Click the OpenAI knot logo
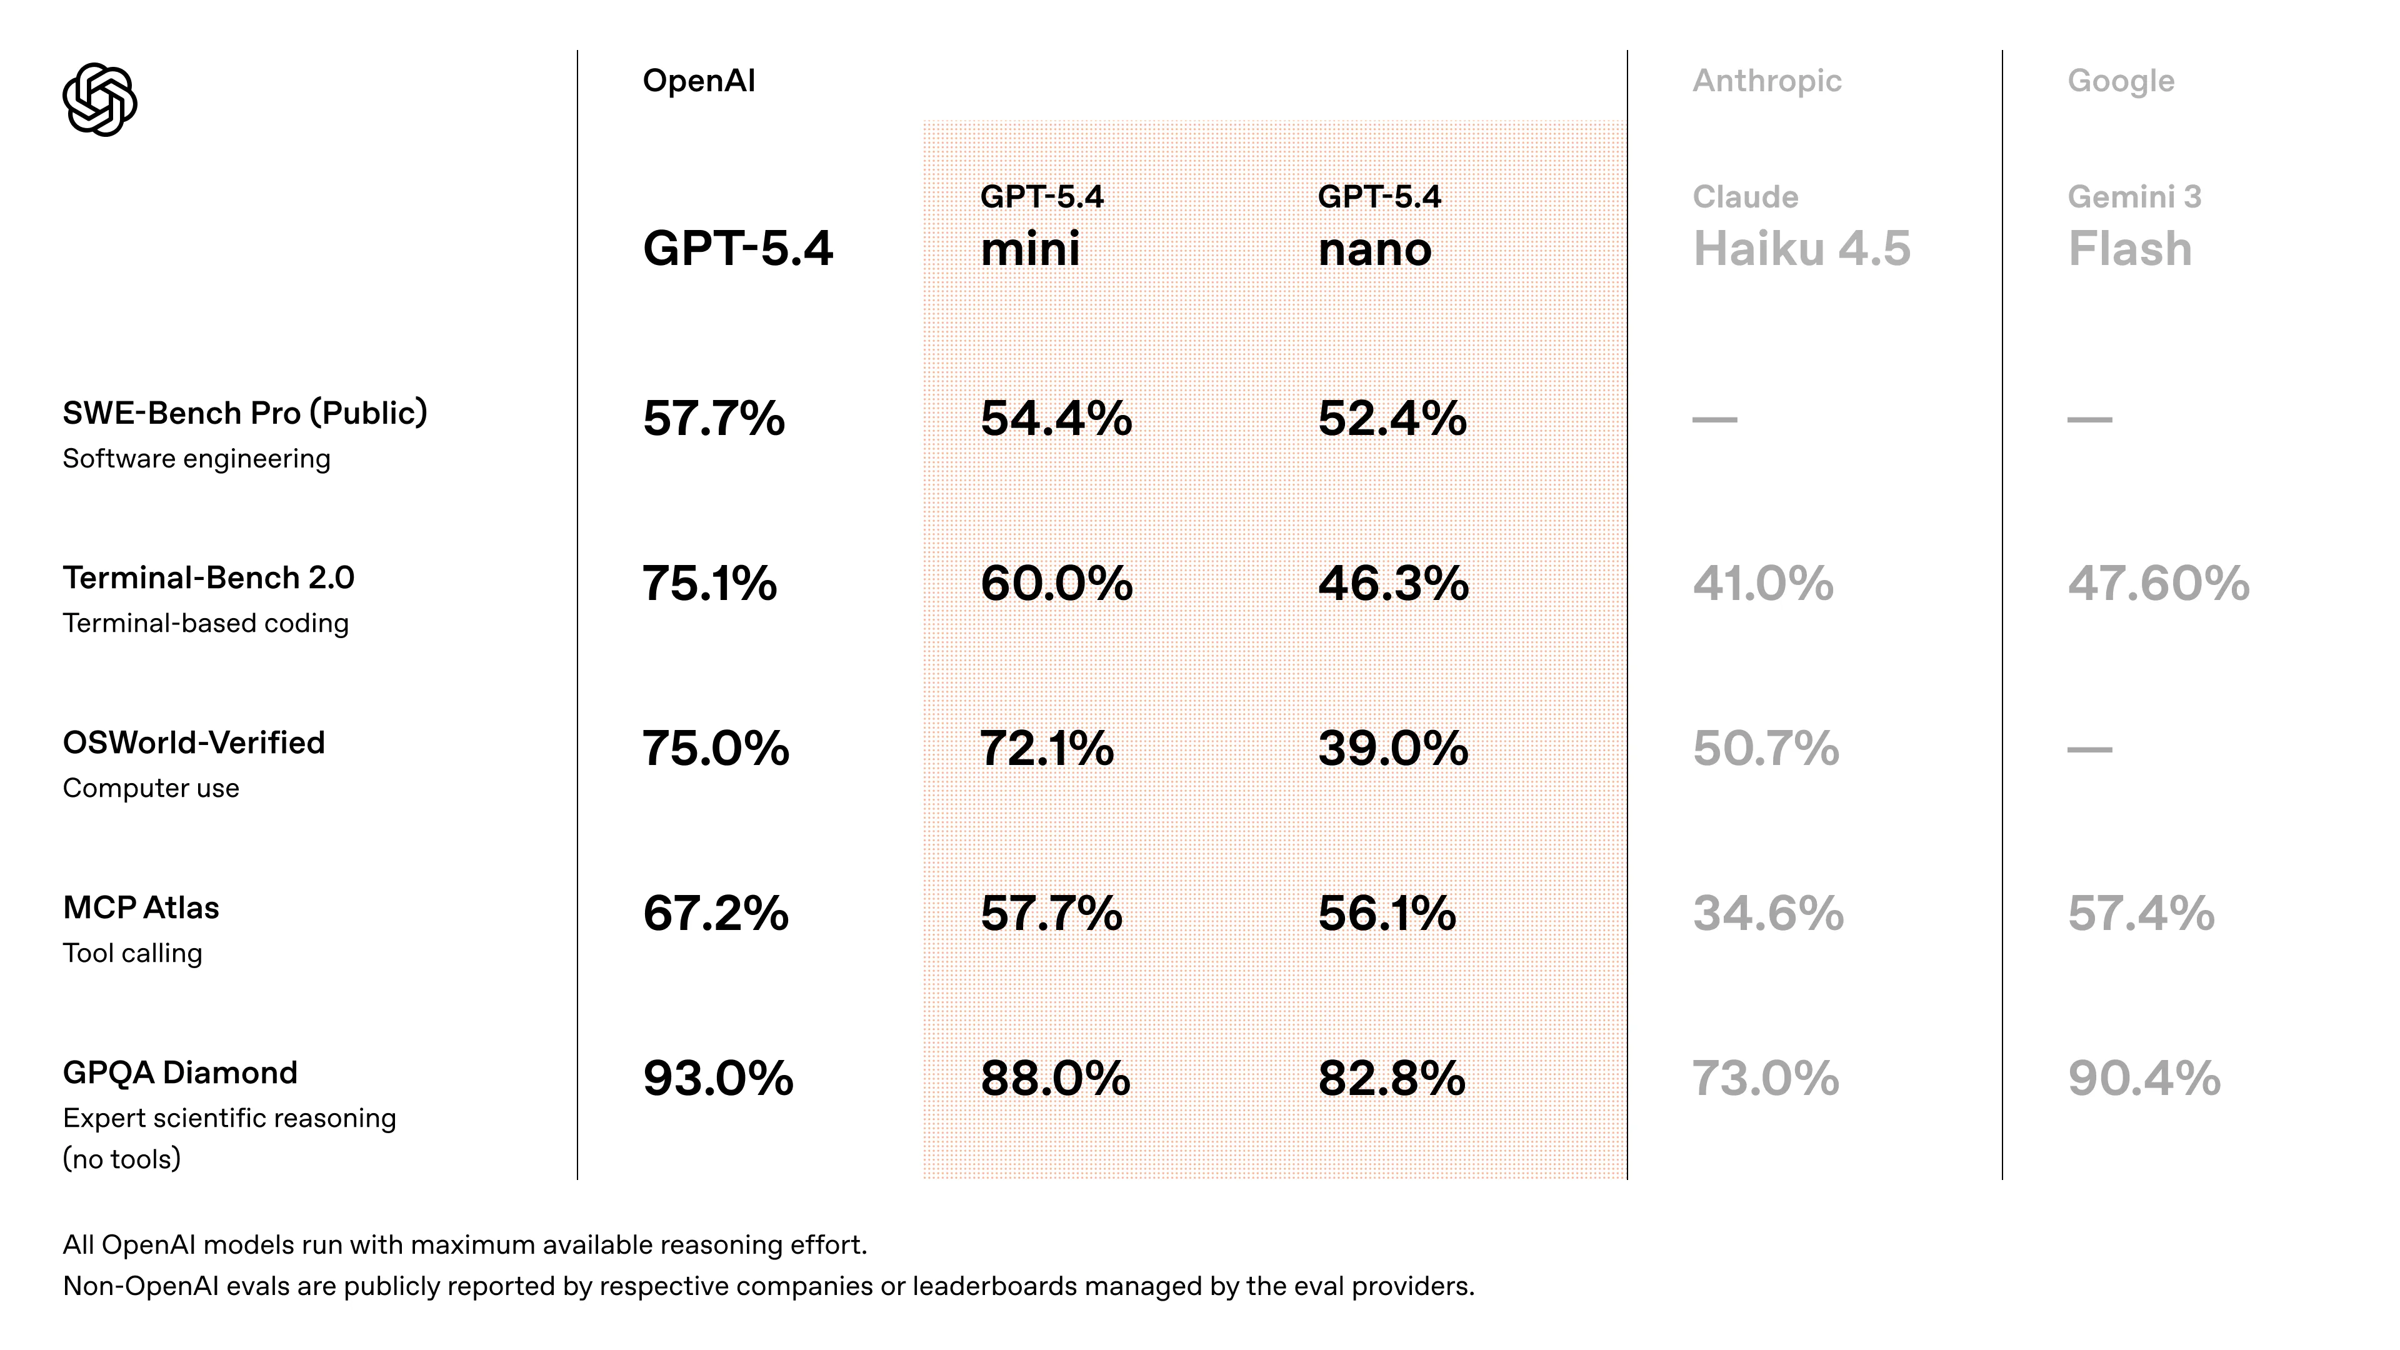(x=100, y=100)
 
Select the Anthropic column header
(x=1766, y=81)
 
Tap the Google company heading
(x=2121, y=81)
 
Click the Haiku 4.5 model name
(x=1801, y=249)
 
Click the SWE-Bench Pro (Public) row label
(x=245, y=412)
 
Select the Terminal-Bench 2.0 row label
(x=209, y=577)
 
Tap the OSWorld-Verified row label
(x=194, y=742)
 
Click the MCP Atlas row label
(x=141, y=907)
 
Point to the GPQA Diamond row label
(x=180, y=1072)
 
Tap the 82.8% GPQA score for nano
(x=1391, y=1078)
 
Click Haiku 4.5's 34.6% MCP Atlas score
(x=1767, y=913)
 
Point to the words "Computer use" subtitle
(x=151, y=788)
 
